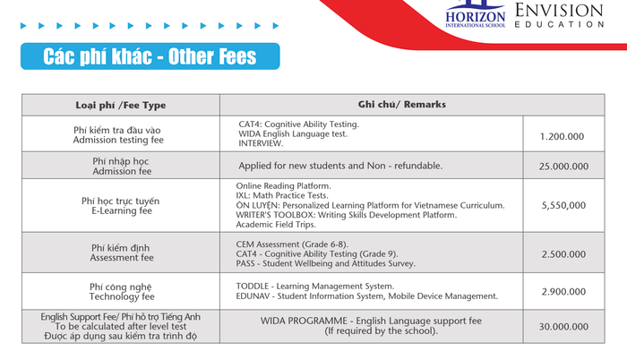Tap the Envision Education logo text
571,15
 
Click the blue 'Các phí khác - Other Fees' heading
150,58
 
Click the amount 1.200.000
563,135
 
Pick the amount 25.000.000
563,166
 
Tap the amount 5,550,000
563,205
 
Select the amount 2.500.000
563,254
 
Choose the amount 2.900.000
563,292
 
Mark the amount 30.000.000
563,327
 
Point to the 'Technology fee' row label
124,296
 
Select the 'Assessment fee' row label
124,258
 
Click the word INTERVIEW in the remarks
261,143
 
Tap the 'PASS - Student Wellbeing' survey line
325,264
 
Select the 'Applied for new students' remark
340,166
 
